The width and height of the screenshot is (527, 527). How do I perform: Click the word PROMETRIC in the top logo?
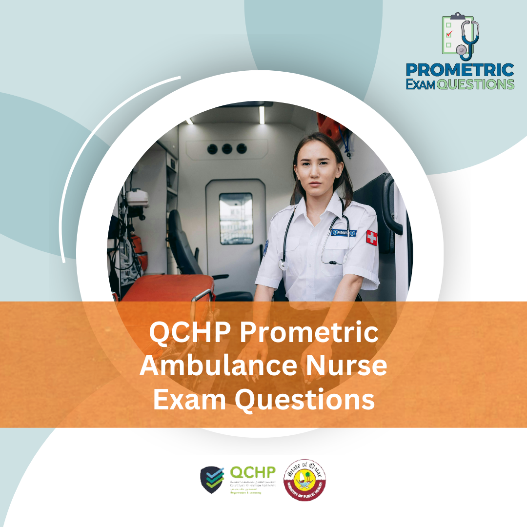point(460,70)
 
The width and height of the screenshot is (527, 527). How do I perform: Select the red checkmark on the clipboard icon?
point(450,34)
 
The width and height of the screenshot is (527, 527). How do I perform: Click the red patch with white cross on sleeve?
point(371,238)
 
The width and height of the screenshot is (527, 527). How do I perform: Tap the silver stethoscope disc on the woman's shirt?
point(282,264)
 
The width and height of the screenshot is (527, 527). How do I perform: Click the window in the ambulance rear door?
point(236,218)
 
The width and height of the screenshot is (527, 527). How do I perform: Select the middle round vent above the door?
point(227,149)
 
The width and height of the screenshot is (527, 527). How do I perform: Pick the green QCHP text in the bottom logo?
point(252,472)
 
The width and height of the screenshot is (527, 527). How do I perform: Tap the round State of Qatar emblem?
point(305,480)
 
